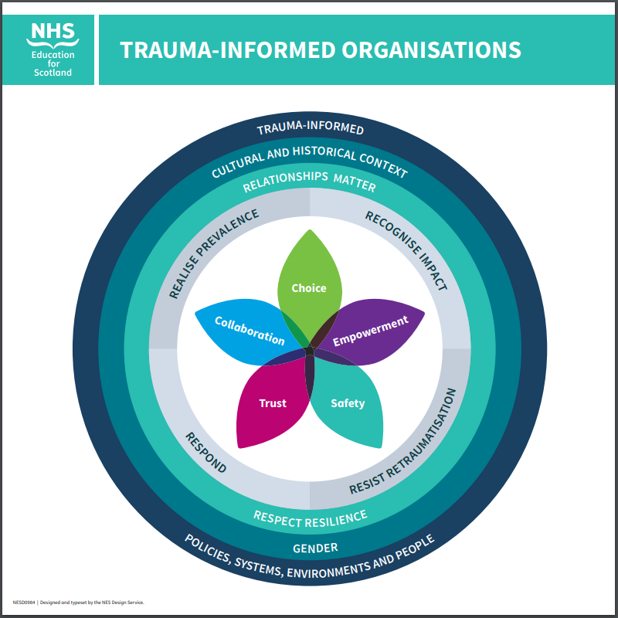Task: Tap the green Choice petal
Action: [309, 282]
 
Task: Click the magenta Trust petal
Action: [270, 406]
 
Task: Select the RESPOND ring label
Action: [205, 452]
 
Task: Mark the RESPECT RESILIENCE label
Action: [310, 518]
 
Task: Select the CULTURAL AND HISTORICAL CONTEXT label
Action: [309, 159]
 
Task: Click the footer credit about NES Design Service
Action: [78, 602]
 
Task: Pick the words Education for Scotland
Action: [52, 64]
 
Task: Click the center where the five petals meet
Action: [309, 351]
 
